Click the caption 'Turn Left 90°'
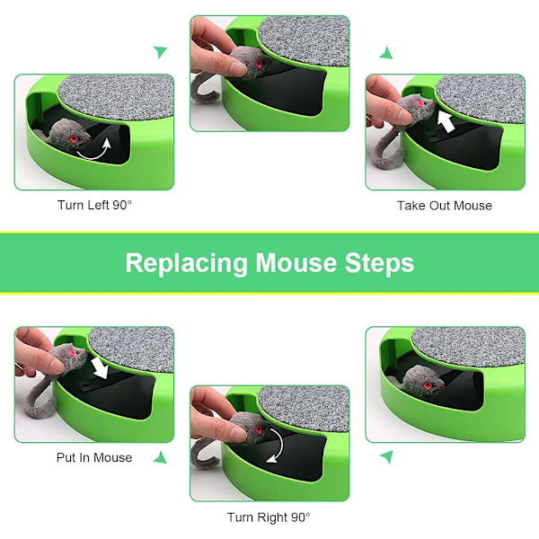click(x=94, y=205)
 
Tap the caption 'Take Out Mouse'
click(x=445, y=206)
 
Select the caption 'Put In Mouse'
click(x=94, y=457)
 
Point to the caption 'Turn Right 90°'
click(x=269, y=517)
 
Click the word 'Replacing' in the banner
click(x=186, y=263)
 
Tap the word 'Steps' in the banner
click(x=379, y=263)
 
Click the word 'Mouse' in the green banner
click(x=296, y=263)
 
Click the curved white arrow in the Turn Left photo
click(x=94, y=151)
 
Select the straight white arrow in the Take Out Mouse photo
click(x=446, y=121)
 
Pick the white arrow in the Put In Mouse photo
click(x=101, y=367)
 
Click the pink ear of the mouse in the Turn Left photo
click(x=74, y=139)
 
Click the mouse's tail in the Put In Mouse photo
click(x=40, y=399)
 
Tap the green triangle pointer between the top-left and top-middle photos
click(x=160, y=52)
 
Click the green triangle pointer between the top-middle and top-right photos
click(x=386, y=53)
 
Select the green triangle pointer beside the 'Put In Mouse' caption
click(x=161, y=457)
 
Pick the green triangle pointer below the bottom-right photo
click(x=386, y=457)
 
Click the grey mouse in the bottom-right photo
click(x=422, y=381)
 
